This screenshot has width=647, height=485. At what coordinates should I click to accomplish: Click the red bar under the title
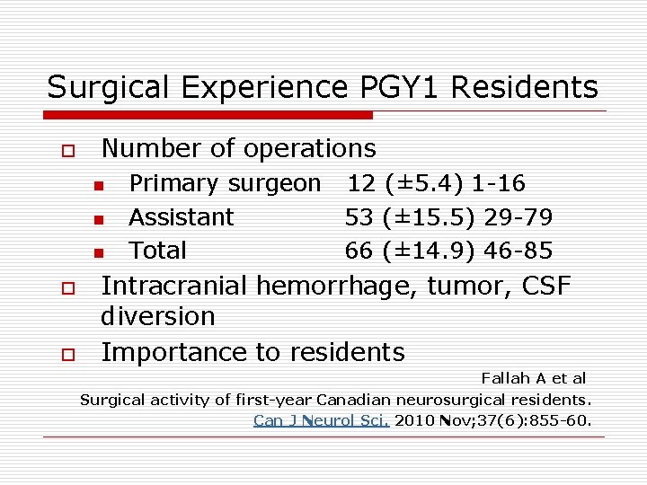[x=208, y=115]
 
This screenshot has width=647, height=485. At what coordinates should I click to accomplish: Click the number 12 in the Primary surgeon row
[x=361, y=184]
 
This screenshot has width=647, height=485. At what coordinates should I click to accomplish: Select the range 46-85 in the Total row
[x=518, y=251]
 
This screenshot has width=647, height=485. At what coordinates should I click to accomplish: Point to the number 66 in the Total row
[x=359, y=251]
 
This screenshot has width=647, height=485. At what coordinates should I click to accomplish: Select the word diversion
[x=158, y=317]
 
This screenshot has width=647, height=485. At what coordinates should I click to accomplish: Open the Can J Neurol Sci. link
[x=321, y=420]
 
